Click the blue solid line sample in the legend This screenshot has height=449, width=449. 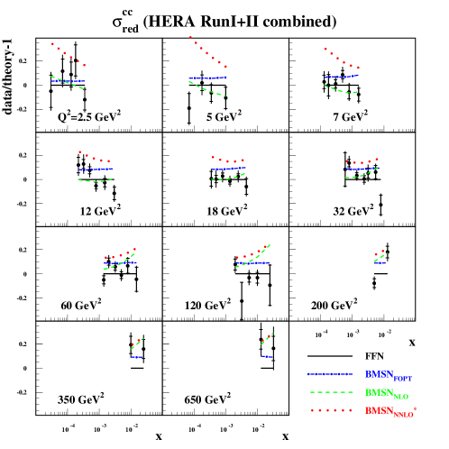coord(329,374)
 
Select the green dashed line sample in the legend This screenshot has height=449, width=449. coord(330,392)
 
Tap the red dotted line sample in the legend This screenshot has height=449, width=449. coord(330,410)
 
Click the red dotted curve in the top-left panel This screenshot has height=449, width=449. coord(68,54)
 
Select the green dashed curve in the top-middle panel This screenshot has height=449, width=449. coord(207,89)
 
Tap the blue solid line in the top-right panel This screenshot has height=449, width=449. coord(341,77)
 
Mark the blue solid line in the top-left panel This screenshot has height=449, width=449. coord(69,81)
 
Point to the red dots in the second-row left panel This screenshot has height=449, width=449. coord(94,158)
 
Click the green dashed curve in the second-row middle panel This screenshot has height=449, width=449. coord(227,179)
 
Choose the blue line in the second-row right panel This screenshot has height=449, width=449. coord(361,169)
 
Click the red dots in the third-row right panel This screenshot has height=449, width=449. coord(379,253)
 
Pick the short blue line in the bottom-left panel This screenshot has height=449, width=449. coord(136,357)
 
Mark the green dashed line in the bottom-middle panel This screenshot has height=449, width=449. coord(267,338)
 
